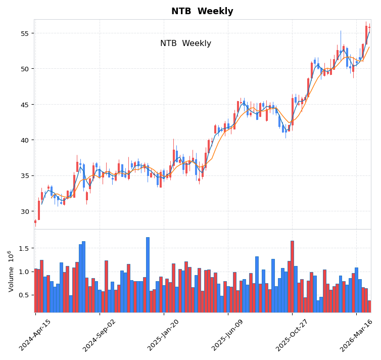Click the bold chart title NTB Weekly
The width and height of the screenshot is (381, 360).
202,11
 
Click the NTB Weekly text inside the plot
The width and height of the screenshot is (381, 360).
185,43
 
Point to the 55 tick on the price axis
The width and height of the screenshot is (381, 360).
24,33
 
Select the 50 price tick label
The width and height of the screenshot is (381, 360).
24,69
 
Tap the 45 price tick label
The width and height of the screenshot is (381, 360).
24,105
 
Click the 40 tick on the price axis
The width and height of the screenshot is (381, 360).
24,140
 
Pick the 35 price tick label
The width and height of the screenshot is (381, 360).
24,176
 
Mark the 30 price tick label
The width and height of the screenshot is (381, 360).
24,211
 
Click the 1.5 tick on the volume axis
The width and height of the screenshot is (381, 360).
23,248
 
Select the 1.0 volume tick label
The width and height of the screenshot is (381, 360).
23,272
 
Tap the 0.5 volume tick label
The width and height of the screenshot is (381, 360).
23,295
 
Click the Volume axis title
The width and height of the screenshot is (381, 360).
11,271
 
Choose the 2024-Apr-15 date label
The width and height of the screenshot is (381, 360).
35,335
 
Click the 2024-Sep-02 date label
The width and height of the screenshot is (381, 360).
100,335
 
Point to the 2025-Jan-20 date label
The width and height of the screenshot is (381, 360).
164,335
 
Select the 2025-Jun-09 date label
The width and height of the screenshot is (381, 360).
228,335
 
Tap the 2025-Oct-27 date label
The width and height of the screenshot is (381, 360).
293,335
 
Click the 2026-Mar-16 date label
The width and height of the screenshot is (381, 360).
357,335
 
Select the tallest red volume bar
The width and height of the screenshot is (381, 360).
292,277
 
